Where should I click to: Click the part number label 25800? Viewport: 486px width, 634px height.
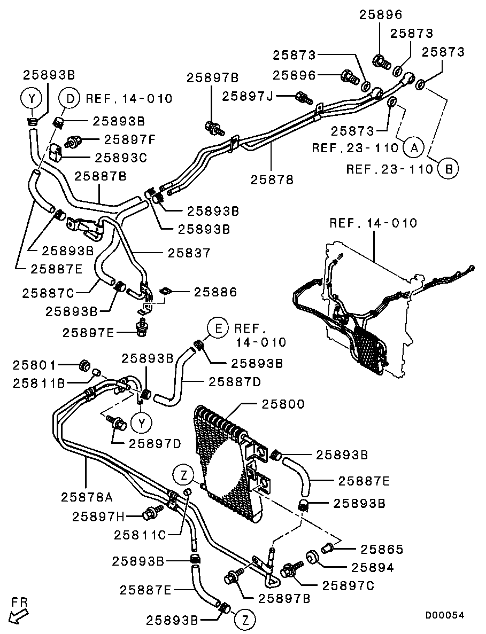pyautogui.click(x=283, y=404)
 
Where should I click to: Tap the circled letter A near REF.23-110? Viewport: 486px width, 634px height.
pyautogui.click(x=413, y=147)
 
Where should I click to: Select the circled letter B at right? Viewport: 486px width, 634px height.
pyautogui.click(x=448, y=169)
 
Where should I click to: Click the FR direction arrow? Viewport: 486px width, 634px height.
pyautogui.click(x=19, y=612)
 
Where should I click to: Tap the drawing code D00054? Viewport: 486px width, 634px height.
pyautogui.click(x=445, y=615)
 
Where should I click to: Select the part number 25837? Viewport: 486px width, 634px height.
pyautogui.click(x=189, y=253)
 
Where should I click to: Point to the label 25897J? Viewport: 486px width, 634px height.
pyautogui.click(x=248, y=96)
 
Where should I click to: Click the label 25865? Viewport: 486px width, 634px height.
pyautogui.click(x=374, y=550)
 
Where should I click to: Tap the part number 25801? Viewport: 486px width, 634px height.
pyautogui.click(x=35, y=365)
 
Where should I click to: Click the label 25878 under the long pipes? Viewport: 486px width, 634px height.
pyautogui.click(x=272, y=180)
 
